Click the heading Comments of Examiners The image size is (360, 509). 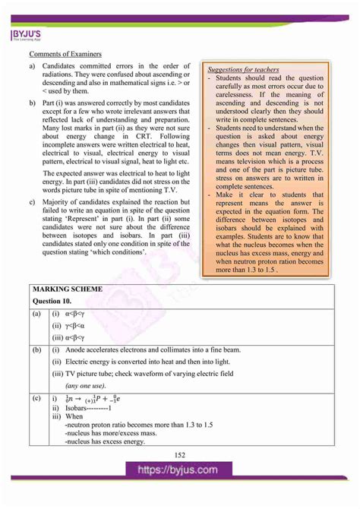point(64,54)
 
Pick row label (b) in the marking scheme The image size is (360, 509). point(36,349)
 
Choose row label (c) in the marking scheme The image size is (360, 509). point(36,397)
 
